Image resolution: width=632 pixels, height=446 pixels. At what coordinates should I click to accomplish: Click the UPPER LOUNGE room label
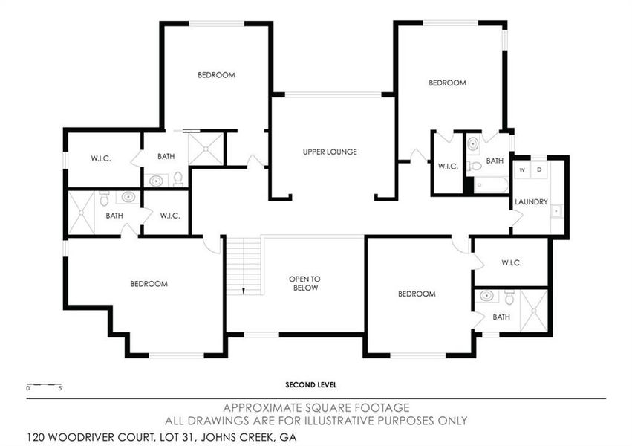point(330,152)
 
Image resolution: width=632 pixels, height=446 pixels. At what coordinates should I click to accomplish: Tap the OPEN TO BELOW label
point(304,283)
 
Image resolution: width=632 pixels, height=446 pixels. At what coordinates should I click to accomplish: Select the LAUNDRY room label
point(531,201)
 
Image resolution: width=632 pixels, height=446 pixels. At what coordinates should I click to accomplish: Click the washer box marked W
point(522,170)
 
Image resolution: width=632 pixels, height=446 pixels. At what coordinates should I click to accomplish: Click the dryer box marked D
point(539,170)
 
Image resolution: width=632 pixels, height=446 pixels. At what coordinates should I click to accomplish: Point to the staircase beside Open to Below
point(244,265)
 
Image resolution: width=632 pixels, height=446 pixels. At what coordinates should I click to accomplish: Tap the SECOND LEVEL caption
point(311,384)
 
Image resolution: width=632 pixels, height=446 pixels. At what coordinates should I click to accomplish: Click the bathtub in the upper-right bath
point(491,184)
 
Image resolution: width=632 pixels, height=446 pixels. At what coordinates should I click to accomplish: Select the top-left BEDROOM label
point(216,75)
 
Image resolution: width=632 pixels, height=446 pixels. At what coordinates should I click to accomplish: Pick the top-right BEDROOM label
point(447,83)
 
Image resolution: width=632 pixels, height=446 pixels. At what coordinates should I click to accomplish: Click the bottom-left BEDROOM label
point(149,283)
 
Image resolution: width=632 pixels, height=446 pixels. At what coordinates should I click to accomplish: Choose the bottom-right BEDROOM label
point(416,294)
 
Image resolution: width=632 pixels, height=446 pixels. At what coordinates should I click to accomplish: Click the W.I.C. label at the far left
point(101,158)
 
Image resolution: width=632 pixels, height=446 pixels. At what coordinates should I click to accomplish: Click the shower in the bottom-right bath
point(533,311)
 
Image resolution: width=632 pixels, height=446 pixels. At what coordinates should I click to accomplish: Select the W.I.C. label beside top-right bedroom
point(447,166)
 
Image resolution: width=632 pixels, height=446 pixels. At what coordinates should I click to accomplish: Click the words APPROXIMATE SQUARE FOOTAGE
point(316,407)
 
